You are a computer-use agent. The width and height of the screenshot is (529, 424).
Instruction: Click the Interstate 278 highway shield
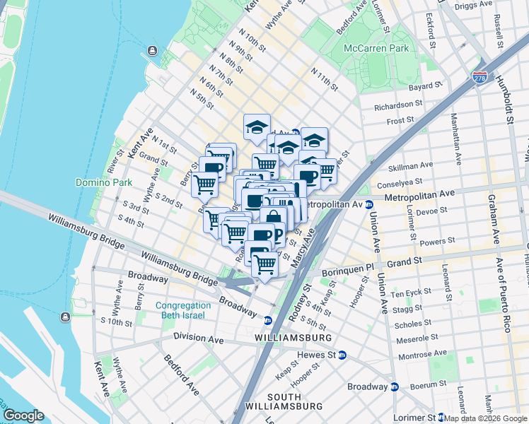pyautogui.click(x=479, y=74)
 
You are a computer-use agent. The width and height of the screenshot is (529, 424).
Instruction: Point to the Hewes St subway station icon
pyautogui.click(x=342, y=355)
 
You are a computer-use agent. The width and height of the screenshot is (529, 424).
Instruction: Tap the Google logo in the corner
pyautogui.click(x=24, y=416)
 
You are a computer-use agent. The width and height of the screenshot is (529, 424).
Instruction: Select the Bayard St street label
pyautogui.click(x=425, y=86)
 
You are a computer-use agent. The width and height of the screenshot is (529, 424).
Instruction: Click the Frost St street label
pyautogui.click(x=400, y=121)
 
